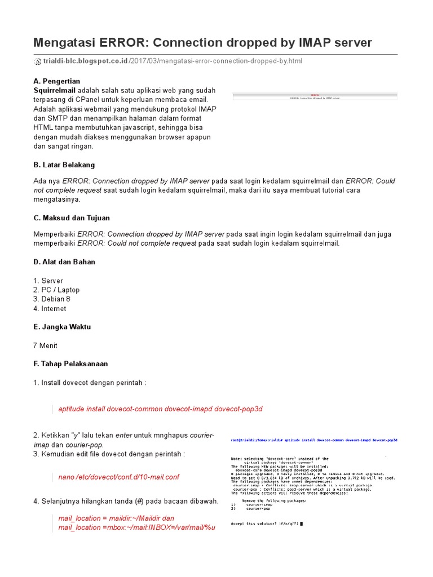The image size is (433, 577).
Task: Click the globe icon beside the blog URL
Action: click(x=38, y=61)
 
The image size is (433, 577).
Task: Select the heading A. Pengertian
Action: click(x=56, y=81)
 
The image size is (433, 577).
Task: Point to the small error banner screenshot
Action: click(x=315, y=96)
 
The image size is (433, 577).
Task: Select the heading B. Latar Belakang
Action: click(x=64, y=165)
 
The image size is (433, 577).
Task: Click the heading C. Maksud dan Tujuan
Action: click(x=72, y=218)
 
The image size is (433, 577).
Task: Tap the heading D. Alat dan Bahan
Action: click(x=64, y=262)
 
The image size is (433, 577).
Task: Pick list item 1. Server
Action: click(x=48, y=281)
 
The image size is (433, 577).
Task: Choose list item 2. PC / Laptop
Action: click(x=56, y=290)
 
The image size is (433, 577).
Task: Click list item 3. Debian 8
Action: click(x=52, y=299)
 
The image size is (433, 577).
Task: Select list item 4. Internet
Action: click(x=50, y=309)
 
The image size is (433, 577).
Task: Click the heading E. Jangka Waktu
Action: click(x=62, y=327)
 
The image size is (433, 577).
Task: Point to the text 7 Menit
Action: click(x=46, y=345)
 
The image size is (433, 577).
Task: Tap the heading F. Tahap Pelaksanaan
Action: click(x=70, y=364)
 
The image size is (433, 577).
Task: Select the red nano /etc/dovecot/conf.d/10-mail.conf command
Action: click(x=118, y=477)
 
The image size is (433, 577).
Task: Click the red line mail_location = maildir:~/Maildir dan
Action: click(x=116, y=518)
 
